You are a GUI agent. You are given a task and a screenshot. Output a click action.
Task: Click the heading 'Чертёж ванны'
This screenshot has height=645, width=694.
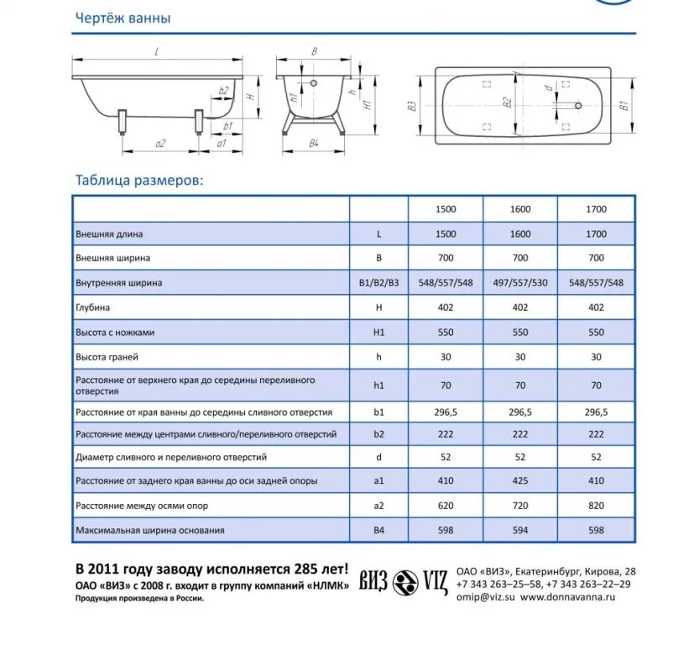pos(123,18)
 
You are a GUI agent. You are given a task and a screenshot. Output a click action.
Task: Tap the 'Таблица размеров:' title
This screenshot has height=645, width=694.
pos(138,180)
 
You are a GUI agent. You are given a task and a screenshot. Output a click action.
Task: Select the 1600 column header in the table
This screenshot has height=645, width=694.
pos(520,209)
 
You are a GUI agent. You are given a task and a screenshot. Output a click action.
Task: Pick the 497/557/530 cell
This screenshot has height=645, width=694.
pos(520,283)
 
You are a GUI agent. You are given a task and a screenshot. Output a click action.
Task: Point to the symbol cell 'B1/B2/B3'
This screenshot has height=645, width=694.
pos(378,283)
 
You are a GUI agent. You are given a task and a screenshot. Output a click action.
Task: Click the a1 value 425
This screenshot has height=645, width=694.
pos(520,481)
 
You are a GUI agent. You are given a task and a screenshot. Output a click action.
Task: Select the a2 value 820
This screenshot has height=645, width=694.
pos(596,506)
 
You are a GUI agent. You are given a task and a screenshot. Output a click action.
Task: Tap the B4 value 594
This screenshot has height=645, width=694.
pos(520,531)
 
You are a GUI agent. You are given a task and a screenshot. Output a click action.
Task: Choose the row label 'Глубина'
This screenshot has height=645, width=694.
pos(92,308)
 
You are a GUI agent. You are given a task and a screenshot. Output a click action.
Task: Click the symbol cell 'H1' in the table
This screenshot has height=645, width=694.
pos(378,333)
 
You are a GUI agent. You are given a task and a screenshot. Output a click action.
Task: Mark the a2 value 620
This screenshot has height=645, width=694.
pos(446,506)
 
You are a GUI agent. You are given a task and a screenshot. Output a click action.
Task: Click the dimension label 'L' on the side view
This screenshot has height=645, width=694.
pos(157,52)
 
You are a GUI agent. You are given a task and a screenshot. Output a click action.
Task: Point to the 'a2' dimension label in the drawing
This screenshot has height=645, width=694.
pos(159,144)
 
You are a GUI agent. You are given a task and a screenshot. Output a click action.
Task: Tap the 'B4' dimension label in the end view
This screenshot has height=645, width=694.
pos(314,144)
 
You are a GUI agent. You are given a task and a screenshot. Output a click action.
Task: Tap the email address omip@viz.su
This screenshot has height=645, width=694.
pos(484,597)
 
